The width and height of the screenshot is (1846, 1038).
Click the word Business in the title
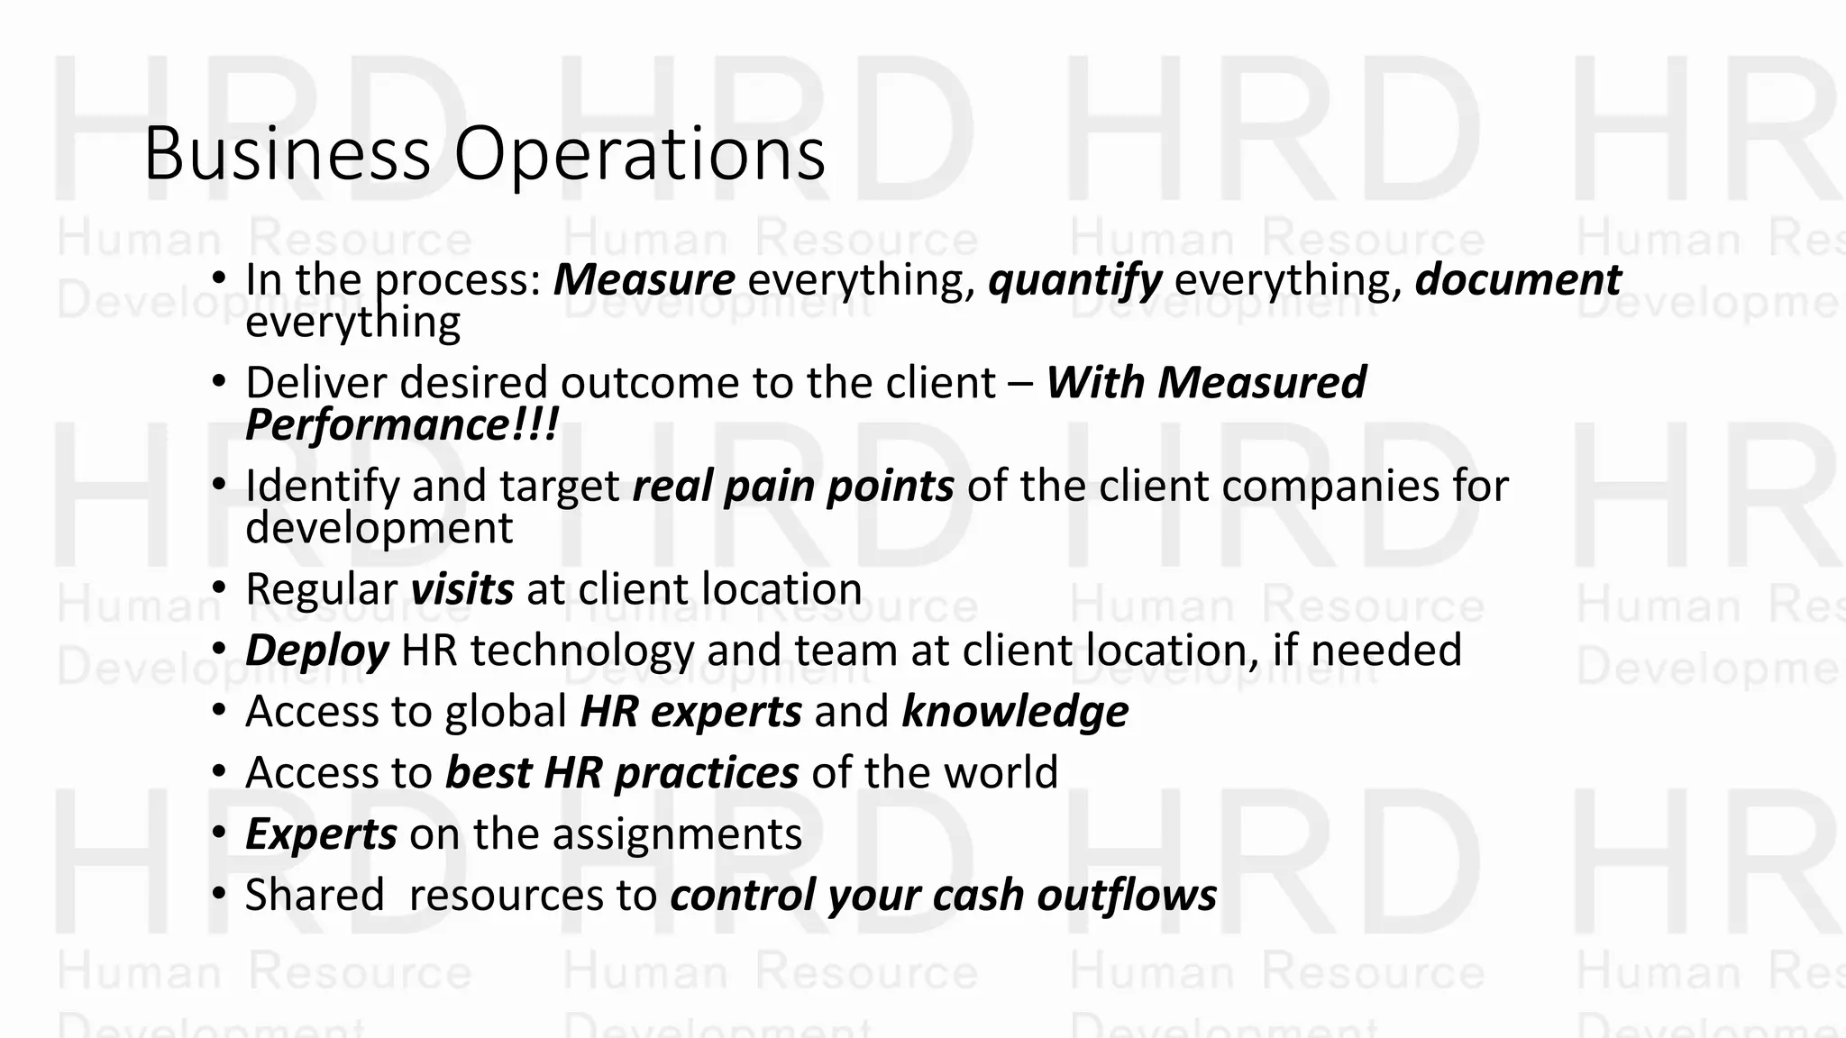coord(287,154)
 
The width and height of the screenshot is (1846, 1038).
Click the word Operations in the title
coord(639,154)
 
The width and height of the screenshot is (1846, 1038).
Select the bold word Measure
coord(644,280)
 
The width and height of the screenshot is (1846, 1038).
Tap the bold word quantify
coord(1074,280)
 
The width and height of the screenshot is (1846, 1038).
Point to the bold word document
coord(1518,280)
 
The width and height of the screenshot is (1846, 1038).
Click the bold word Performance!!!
coord(402,424)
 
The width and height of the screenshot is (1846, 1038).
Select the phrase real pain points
coord(793,487)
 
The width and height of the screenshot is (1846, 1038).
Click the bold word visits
coord(461,590)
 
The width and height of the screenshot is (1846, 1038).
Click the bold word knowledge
coord(1015,712)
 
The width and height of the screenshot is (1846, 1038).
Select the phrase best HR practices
coord(622,773)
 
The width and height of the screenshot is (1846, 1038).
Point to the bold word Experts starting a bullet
coord(321,834)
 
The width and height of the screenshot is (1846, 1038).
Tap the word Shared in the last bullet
coord(315,896)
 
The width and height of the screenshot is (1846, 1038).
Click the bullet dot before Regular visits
coord(218,588)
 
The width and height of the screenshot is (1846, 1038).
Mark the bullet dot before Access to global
coord(218,711)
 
